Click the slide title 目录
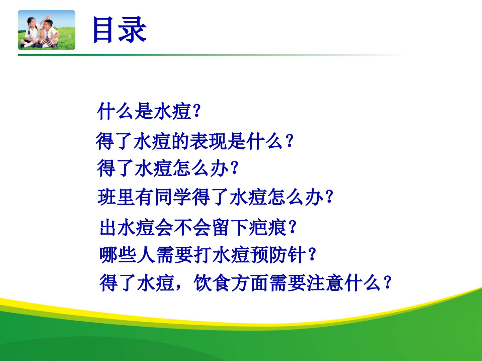click(120, 30)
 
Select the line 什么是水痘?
click(149, 111)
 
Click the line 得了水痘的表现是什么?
click(195, 141)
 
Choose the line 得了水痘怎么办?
click(168, 168)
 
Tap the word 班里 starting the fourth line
click(116, 197)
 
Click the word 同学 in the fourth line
click(173, 197)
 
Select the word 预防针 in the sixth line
click(278, 255)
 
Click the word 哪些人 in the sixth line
click(128, 255)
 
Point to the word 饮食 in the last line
click(212, 283)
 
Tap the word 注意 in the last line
click(325, 283)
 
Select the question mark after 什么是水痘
click(197, 111)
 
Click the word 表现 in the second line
click(208, 141)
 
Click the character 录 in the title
click(133, 30)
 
